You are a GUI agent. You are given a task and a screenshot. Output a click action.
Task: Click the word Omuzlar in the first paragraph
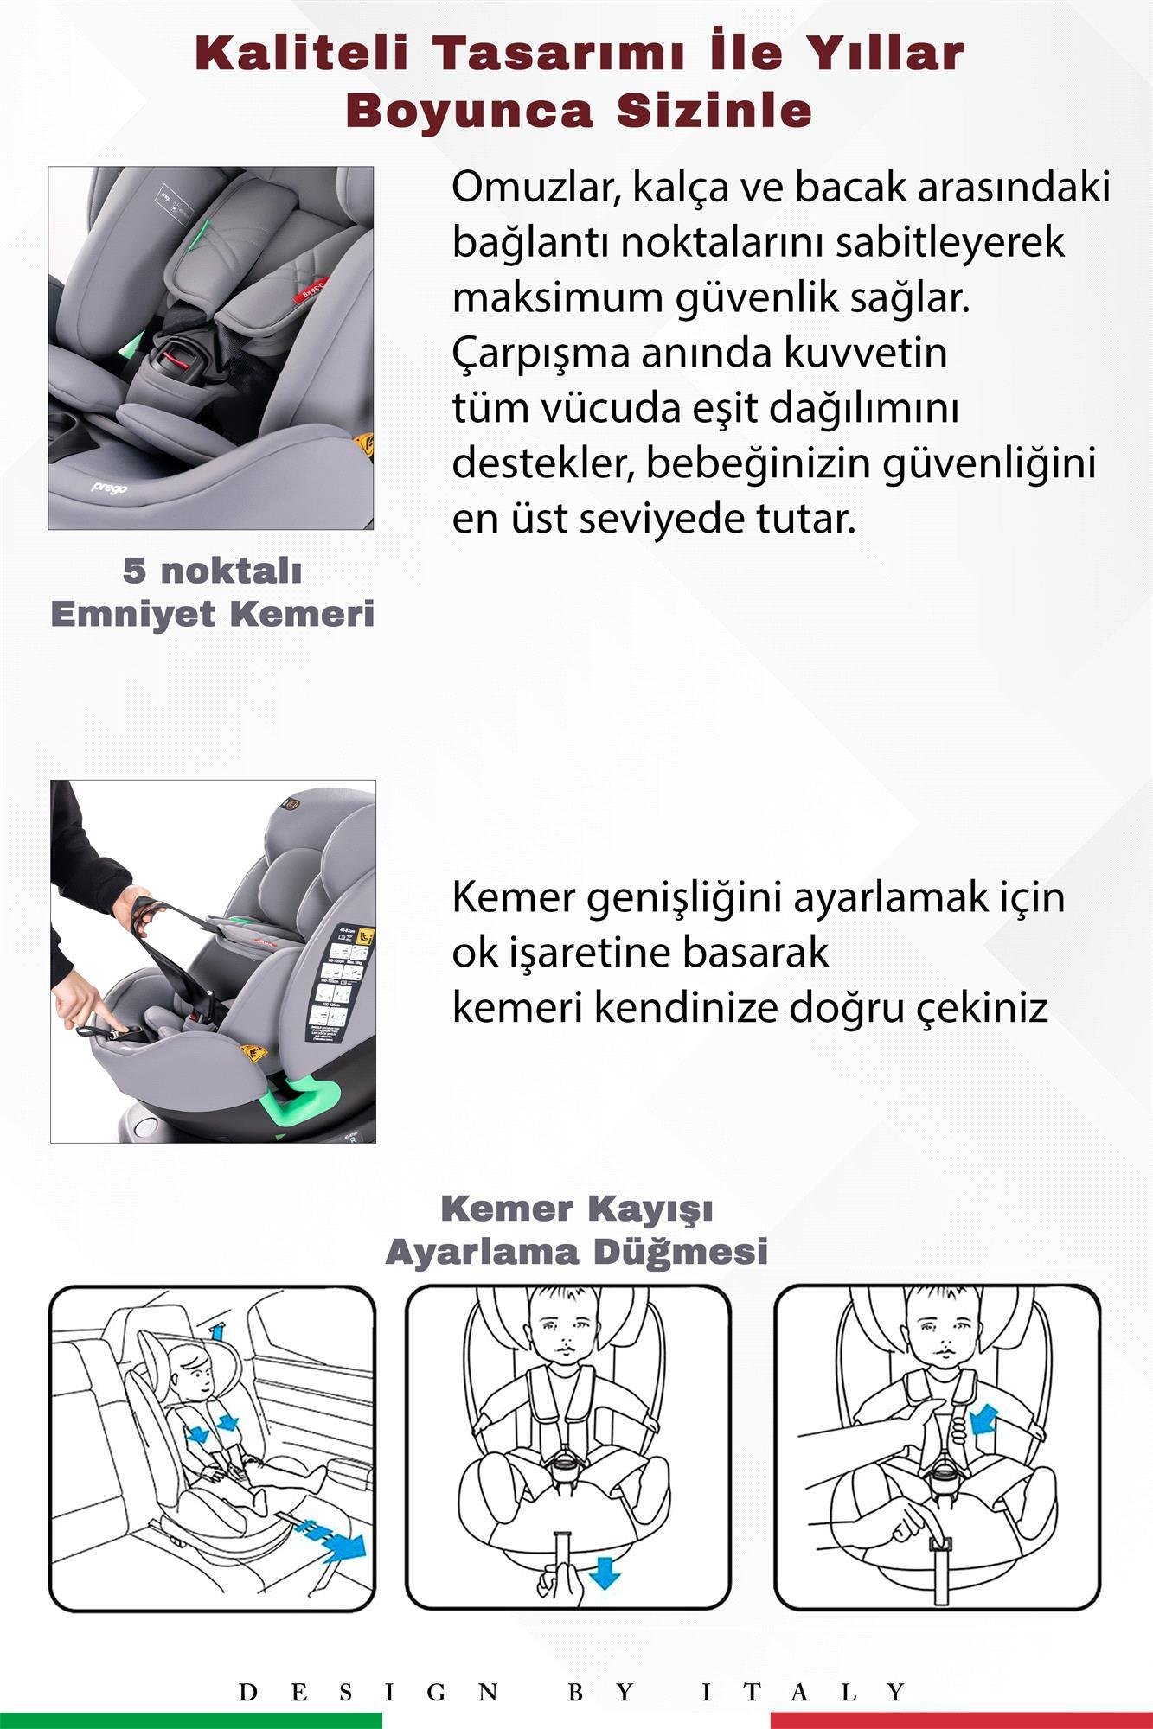pos(535,188)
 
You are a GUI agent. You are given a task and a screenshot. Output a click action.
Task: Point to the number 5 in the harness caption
pos(133,571)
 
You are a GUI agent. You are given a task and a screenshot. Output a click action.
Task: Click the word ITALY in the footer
pos(804,1692)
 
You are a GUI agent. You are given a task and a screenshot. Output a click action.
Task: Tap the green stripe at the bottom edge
pos(190,1720)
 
